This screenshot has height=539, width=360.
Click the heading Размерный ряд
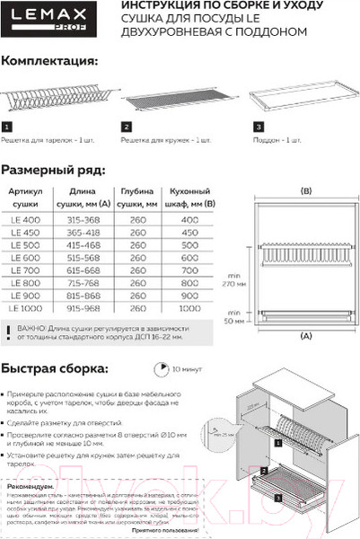point(52,169)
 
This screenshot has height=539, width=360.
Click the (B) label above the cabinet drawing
point(304,190)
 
